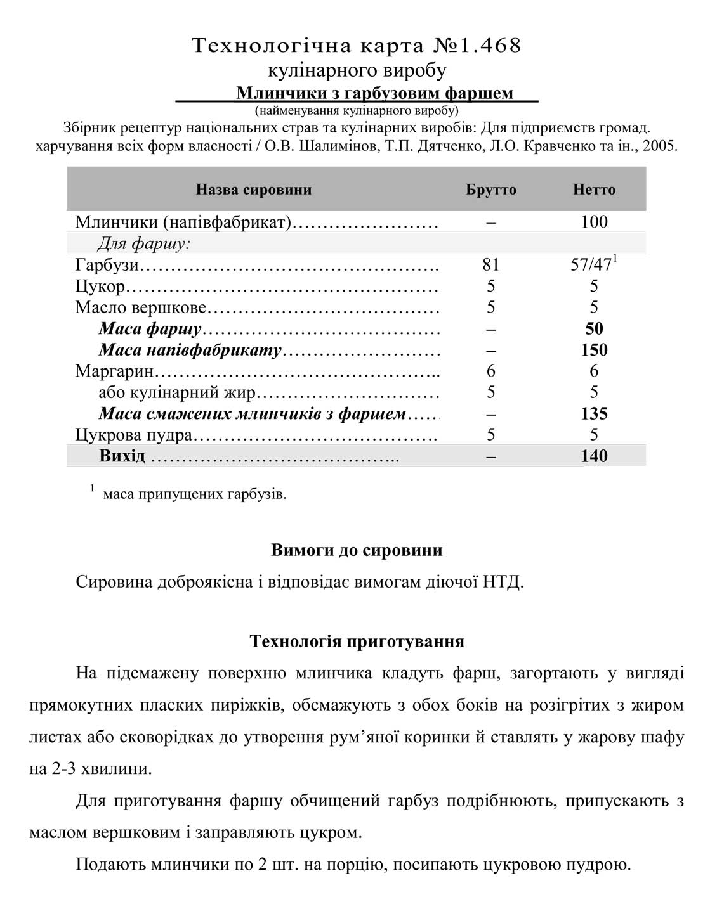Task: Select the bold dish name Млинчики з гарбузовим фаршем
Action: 374,93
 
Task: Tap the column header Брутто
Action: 490,190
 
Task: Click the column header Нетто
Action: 594,190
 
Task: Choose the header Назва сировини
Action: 254,190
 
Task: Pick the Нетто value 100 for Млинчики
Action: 594,222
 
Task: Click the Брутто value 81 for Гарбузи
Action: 490,265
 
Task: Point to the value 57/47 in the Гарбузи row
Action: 591,265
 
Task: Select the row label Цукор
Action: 100,287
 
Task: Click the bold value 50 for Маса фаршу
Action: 594,329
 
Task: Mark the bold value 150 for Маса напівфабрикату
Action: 594,351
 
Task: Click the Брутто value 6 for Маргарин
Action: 490,371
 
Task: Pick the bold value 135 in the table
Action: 594,414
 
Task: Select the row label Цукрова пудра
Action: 133,435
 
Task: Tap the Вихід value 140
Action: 594,456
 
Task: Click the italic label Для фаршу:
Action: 144,243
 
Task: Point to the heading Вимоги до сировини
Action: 357,550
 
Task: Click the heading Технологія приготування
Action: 357,641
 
